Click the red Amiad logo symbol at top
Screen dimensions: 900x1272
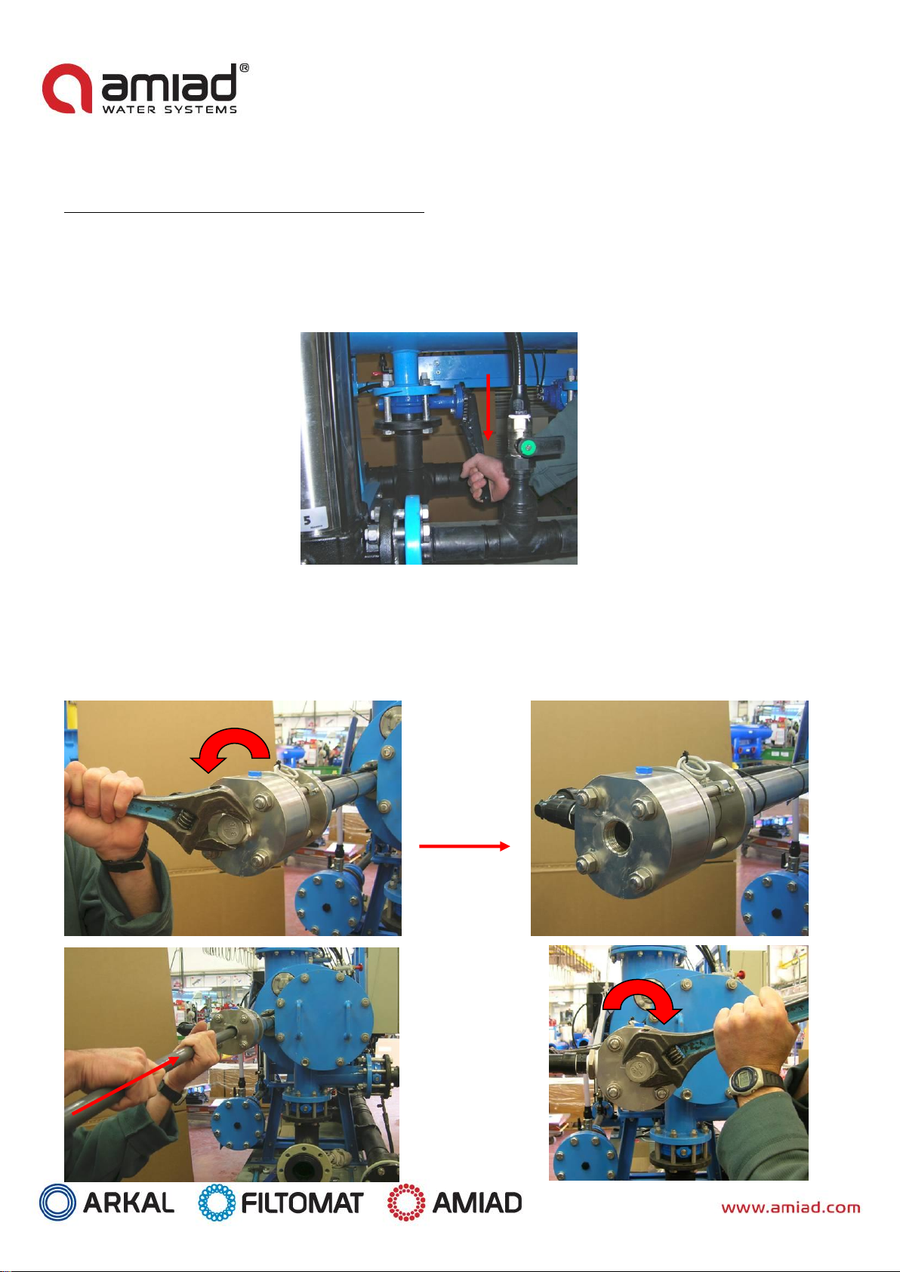(x=67, y=88)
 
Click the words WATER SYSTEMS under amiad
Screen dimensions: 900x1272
(x=170, y=109)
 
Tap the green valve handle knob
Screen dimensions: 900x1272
(x=529, y=448)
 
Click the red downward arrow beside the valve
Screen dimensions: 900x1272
(x=487, y=407)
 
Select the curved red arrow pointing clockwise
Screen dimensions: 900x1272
(x=642, y=1005)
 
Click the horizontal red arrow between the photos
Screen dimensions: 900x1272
(x=464, y=846)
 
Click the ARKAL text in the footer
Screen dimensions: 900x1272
(x=129, y=1202)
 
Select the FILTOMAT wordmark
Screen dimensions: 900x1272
(x=302, y=1203)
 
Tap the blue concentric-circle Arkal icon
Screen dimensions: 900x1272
(x=57, y=1202)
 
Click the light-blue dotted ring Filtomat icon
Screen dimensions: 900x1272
(x=217, y=1202)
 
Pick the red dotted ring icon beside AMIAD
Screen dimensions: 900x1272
(x=406, y=1202)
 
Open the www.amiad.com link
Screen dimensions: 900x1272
(x=791, y=1207)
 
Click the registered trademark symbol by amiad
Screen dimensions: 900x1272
(x=244, y=68)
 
